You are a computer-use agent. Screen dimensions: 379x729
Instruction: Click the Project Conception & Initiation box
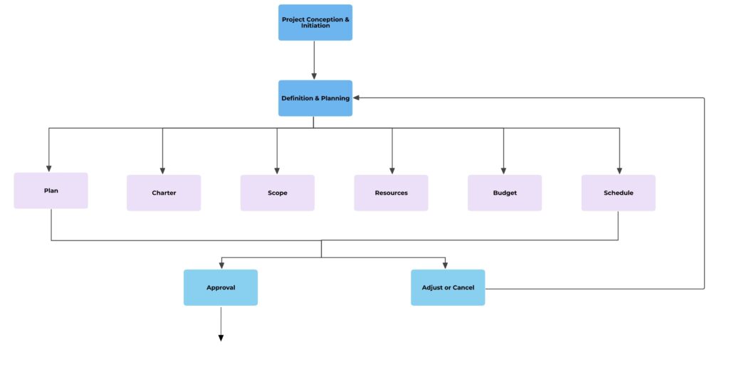pyautogui.click(x=315, y=22)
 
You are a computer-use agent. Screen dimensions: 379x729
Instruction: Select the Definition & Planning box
pyautogui.click(x=315, y=98)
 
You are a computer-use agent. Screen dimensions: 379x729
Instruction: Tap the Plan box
pyautogui.click(x=51, y=191)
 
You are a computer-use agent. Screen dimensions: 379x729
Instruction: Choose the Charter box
pyautogui.click(x=164, y=193)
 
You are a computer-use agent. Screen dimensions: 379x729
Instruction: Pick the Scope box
pyautogui.click(x=277, y=193)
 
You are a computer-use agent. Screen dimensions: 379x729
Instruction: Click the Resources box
pyautogui.click(x=391, y=193)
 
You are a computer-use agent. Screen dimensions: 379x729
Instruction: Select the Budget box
pyautogui.click(x=504, y=193)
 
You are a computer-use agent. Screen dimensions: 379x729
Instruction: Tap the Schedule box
pyautogui.click(x=618, y=193)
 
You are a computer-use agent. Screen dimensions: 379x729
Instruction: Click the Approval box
pyautogui.click(x=221, y=287)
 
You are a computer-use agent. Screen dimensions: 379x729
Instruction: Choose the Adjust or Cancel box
pyautogui.click(x=448, y=287)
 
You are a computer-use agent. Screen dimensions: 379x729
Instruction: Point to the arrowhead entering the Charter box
pyautogui.click(x=163, y=171)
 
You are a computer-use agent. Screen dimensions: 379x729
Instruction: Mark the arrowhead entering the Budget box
pyautogui.click(x=504, y=171)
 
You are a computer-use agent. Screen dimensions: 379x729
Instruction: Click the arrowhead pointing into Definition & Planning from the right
pyautogui.click(x=357, y=98)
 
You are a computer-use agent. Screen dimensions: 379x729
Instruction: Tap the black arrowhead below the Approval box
pyautogui.click(x=221, y=338)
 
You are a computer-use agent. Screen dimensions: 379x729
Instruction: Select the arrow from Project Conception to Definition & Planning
pyautogui.click(x=314, y=60)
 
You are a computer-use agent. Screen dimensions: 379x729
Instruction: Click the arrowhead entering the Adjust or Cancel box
pyautogui.click(x=446, y=265)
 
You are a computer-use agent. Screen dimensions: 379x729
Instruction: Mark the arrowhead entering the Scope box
pyautogui.click(x=277, y=171)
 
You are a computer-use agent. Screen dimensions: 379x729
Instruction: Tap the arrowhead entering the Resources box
pyautogui.click(x=392, y=171)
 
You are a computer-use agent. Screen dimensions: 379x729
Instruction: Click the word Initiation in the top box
pyautogui.click(x=315, y=26)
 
